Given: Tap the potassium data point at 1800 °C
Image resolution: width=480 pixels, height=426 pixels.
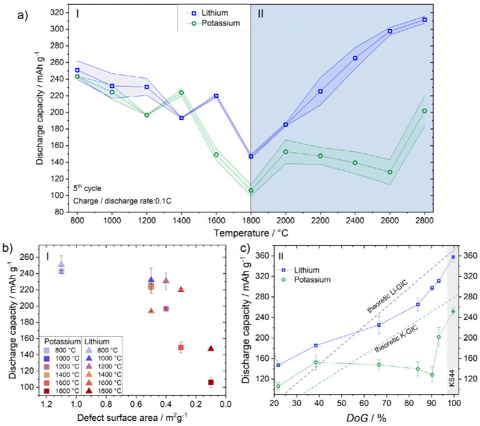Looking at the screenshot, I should click(x=251, y=190).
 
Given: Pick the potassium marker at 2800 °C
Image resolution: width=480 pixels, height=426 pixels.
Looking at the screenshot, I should click(x=425, y=111).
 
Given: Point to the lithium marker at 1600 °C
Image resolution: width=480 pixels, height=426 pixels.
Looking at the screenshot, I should click(x=216, y=95).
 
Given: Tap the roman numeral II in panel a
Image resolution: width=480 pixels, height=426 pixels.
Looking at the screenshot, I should click(x=260, y=13).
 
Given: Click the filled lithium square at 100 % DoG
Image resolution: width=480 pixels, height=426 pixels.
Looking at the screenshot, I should click(x=453, y=257).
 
